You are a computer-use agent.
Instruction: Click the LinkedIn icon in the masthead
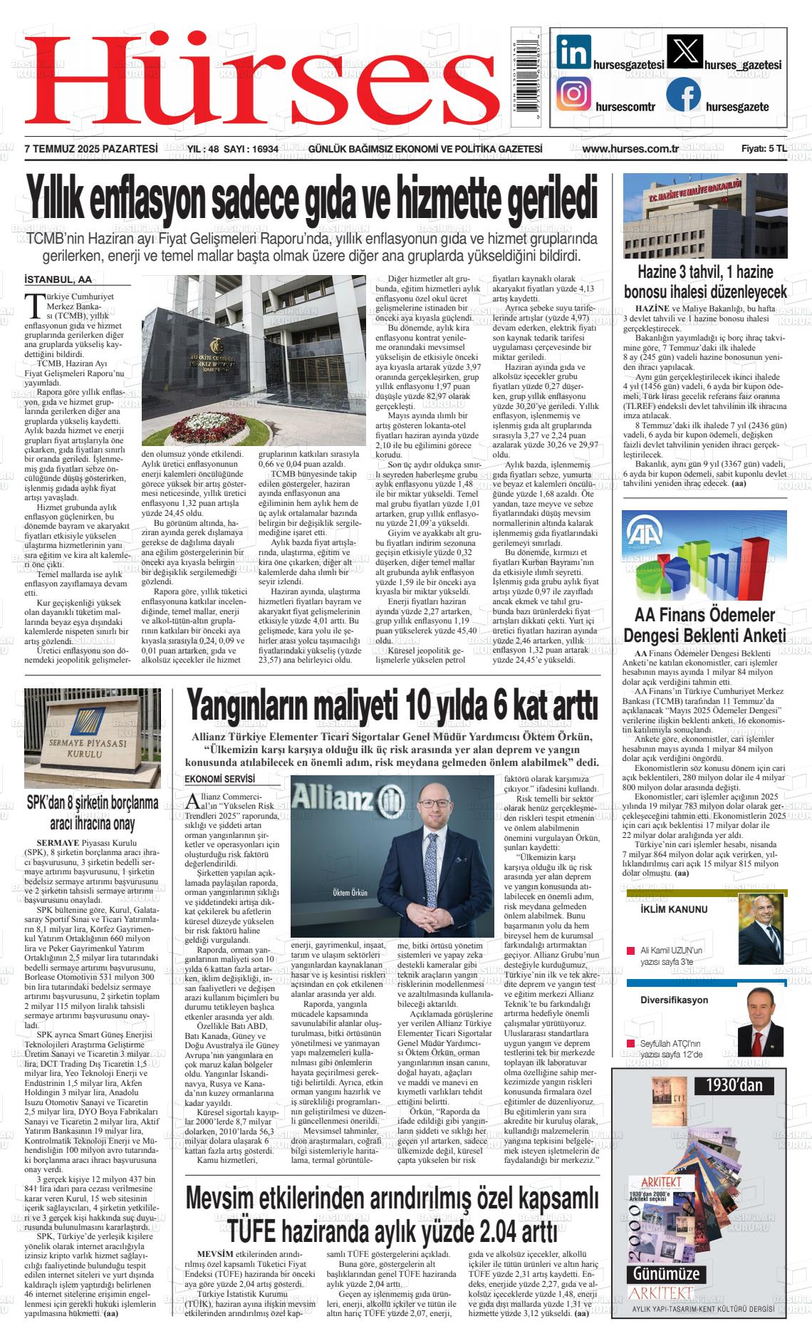coord(574,51)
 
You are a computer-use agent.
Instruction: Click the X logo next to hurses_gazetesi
coord(685,51)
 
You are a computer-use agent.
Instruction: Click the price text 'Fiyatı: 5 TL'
coord(764,149)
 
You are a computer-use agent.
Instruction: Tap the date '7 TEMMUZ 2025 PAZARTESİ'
coord(90,149)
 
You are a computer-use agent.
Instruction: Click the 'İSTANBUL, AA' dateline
coord(58,279)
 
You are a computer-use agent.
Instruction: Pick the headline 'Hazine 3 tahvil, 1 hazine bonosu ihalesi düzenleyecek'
coord(704,281)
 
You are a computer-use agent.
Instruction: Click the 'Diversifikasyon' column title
coord(674,1000)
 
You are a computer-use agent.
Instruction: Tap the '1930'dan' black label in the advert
coord(734,1085)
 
